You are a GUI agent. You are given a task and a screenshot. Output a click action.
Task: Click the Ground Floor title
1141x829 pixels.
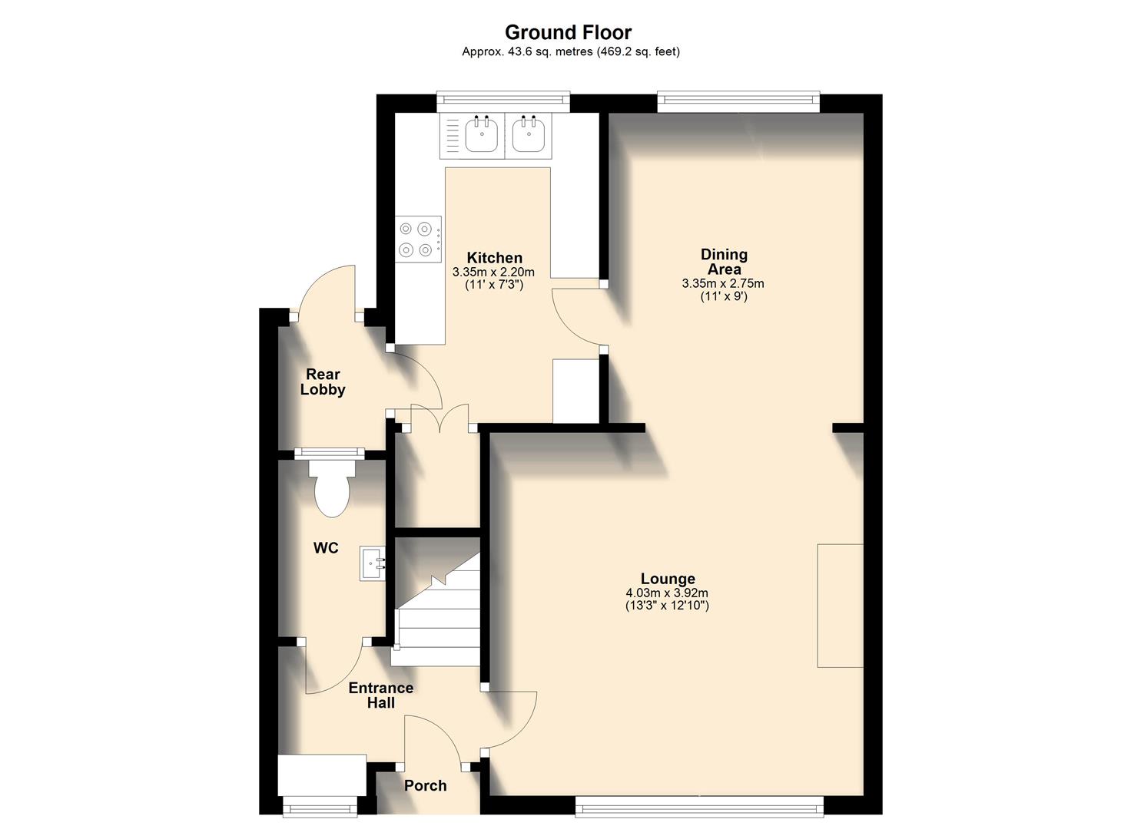[x=568, y=32]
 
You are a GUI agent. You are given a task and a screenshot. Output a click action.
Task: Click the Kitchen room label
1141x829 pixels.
[x=494, y=258]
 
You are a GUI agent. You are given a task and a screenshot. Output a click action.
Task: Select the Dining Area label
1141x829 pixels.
[x=724, y=262]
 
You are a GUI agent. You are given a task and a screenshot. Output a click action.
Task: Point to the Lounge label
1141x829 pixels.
[x=668, y=579]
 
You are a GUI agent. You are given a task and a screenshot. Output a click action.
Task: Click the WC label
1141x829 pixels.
[x=326, y=548]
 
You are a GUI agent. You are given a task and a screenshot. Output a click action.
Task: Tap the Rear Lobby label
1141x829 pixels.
[x=323, y=381]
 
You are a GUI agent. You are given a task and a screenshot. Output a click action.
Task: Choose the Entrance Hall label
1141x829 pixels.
[x=381, y=695]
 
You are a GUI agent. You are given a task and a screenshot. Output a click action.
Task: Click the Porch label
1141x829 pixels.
[x=425, y=785]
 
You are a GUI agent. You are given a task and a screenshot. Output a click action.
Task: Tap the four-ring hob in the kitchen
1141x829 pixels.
[x=419, y=239]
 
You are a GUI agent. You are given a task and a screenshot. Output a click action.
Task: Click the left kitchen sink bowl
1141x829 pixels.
[x=482, y=136]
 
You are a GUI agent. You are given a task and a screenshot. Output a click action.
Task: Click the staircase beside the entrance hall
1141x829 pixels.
[x=436, y=606]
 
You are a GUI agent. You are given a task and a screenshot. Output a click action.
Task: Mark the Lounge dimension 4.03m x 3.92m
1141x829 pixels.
[x=667, y=593]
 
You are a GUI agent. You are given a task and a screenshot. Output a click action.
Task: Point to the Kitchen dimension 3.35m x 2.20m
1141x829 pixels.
[x=493, y=272]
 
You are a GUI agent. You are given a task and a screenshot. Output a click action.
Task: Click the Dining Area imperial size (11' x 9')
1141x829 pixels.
[x=723, y=296]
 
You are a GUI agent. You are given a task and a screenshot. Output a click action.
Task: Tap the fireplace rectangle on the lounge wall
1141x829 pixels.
[x=840, y=606]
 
